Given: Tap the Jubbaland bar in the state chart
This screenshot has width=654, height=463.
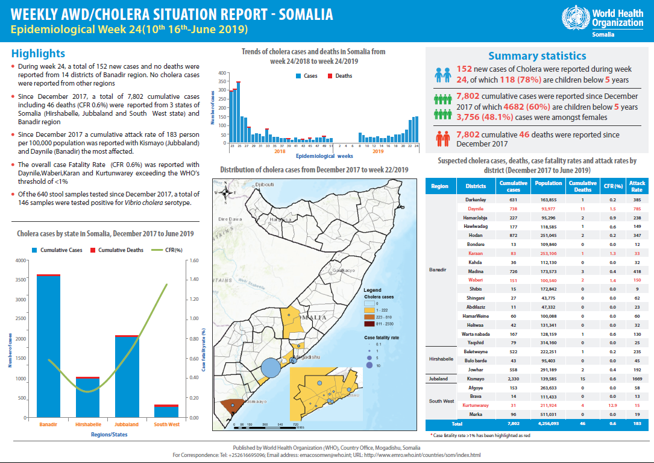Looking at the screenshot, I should (127, 376).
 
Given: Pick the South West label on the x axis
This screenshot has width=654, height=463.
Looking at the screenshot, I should (166, 424).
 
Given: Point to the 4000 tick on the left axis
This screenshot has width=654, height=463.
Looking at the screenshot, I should (20, 260).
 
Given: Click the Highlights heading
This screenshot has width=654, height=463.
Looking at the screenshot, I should (38, 54).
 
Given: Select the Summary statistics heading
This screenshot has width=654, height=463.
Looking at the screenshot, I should (536, 56).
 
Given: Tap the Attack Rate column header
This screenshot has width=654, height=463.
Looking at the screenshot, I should (637, 186).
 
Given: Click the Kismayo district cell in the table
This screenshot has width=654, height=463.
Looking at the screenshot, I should (477, 379).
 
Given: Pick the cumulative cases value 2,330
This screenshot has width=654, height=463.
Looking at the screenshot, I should (514, 379).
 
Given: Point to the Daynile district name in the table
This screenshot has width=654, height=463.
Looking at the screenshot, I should (477, 208).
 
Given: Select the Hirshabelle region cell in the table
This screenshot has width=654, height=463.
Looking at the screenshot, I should (441, 359).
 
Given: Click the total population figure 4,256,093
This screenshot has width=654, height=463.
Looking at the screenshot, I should (548, 424).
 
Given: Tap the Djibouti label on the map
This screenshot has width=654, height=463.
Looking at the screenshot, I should (265, 184).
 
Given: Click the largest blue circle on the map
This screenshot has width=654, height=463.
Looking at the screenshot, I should (271, 367).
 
